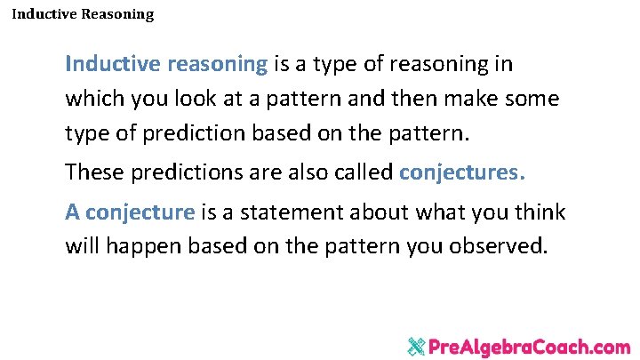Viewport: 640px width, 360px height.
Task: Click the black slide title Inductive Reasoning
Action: click(83, 14)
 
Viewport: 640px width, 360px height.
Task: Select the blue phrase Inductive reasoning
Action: click(166, 65)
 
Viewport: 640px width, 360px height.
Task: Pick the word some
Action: click(532, 99)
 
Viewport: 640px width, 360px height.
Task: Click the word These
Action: click(92, 172)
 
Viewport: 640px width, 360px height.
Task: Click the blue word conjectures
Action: click(462, 172)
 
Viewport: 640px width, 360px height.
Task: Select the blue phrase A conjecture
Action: click(130, 212)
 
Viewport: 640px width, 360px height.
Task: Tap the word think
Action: click(540, 212)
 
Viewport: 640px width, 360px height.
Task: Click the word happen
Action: click(148, 246)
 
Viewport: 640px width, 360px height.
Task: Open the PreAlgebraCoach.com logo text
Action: click(530, 347)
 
